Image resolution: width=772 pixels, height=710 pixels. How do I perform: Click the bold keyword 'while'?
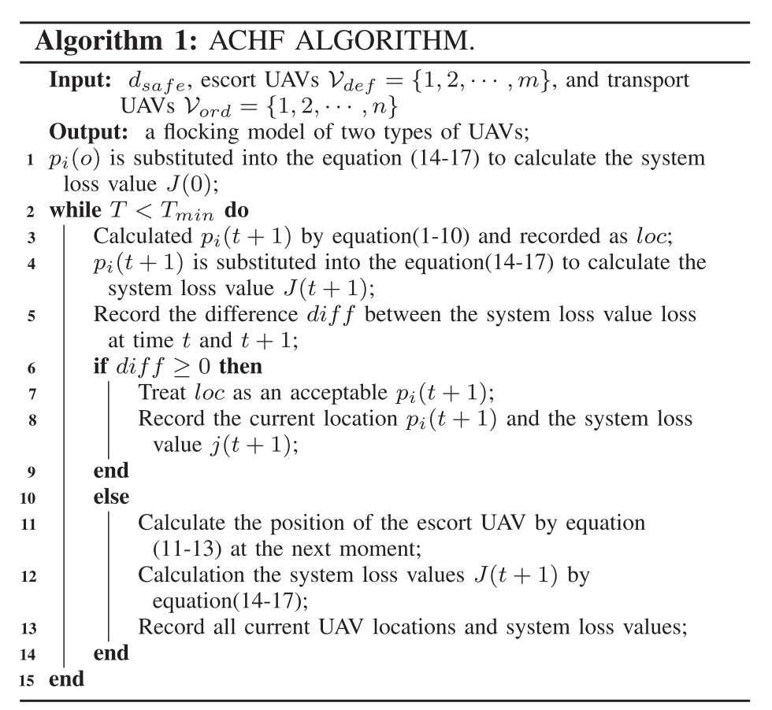click(x=76, y=210)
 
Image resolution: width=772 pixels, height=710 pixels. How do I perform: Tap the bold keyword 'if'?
click(x=100, y=366)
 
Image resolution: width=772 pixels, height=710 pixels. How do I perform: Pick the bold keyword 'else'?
click(x=111, y=497)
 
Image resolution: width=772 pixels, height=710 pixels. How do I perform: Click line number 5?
click(x=30, y=315)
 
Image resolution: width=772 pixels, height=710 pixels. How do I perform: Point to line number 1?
click(x=30, y=158)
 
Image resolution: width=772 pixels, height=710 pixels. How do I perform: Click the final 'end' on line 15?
click(x=66, y=679)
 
